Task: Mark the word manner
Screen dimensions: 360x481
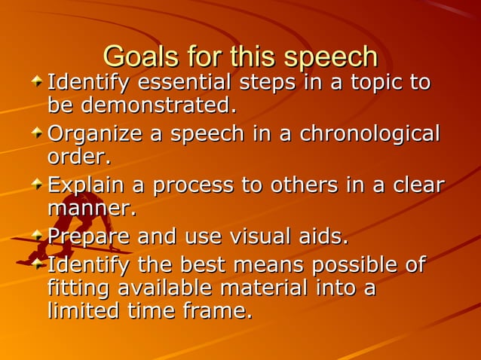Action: pyautogui.click(x=91, y=208)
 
